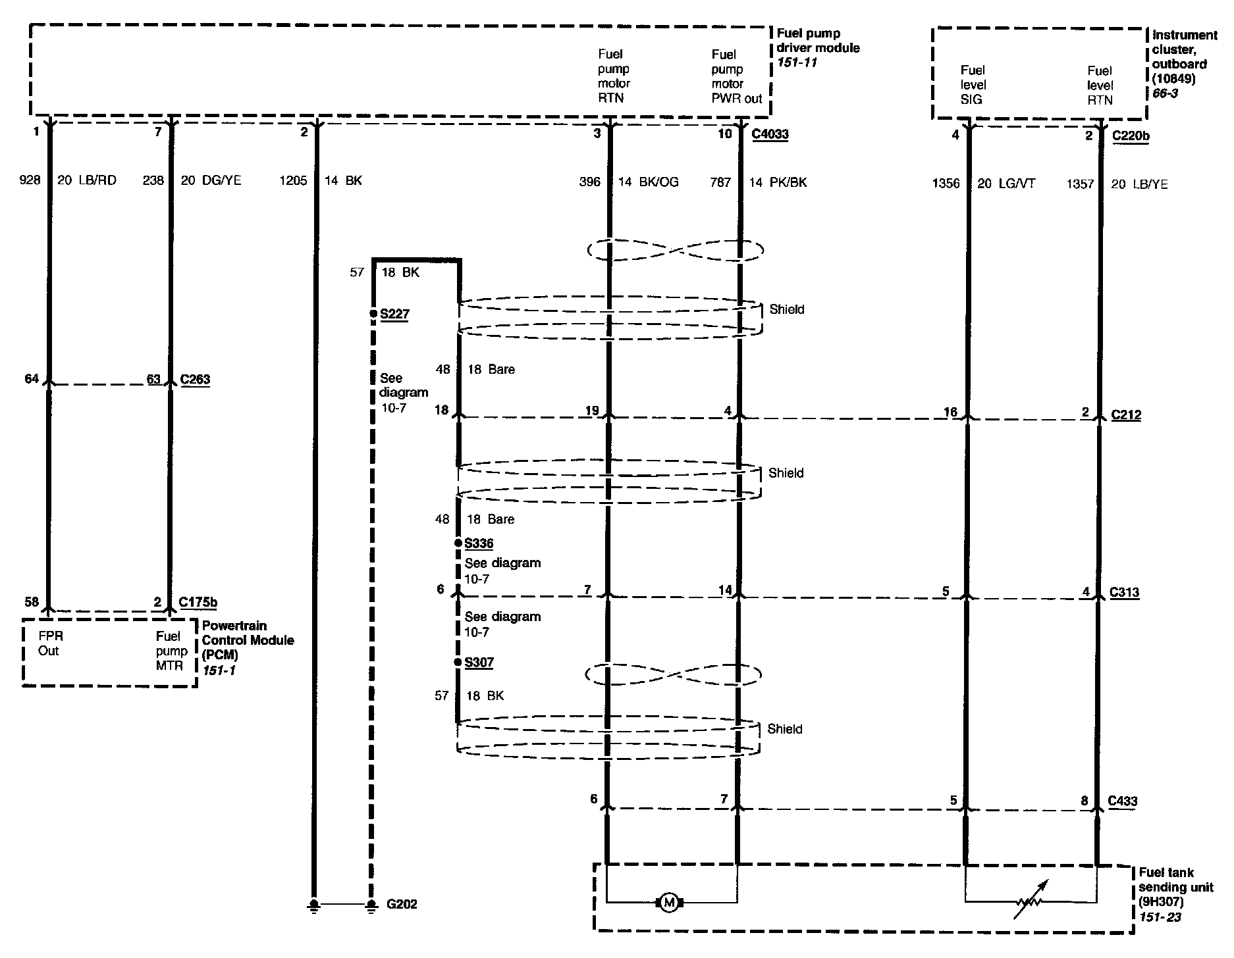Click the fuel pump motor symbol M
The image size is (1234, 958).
coord(669,902)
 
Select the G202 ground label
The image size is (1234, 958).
coord(402,904)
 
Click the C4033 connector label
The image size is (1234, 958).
coord(770,134)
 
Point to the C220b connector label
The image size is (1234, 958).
coord(1131,136)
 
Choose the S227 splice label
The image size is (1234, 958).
coord(394,314)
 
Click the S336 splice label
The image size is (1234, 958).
coord(479,543)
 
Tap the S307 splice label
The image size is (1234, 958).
coord(479,663)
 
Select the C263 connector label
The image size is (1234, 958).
coord(194,380)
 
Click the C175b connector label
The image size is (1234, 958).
coord(198,602)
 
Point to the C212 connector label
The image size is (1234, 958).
coord(1126,415)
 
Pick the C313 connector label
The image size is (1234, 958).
coord(1125,592)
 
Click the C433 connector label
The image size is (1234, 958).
coord(1123,801)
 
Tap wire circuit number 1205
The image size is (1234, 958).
coord(293,181)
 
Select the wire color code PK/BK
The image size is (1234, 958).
coord(788,182)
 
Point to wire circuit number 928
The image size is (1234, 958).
coord(30,180)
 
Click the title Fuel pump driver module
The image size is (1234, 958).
coord(818,40)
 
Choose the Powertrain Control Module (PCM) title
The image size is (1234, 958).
coord(247,640)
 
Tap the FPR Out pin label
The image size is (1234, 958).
coord(49,643)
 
